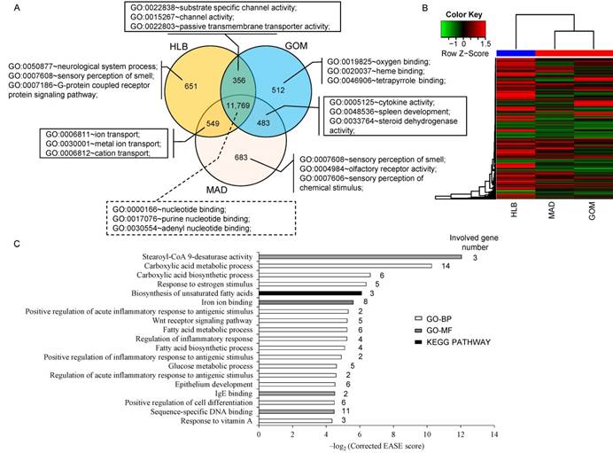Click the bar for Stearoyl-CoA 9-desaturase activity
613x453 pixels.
click(360, 258)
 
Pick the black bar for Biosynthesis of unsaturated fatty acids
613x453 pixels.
click(310, 293)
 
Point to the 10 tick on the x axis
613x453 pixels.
click(427, 435)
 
